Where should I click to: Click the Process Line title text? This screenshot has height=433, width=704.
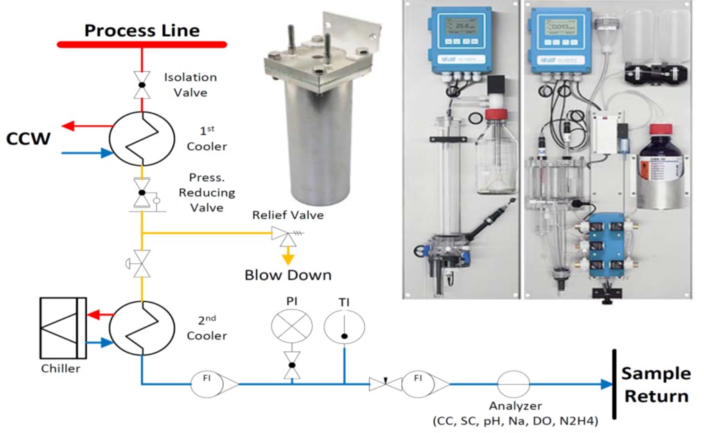141,30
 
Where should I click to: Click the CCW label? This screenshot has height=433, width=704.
28,139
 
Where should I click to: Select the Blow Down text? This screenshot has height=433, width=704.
287,274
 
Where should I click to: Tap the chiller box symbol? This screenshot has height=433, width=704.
63,328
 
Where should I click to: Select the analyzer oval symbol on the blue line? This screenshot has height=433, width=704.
513,383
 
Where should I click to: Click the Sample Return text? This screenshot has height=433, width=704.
655,385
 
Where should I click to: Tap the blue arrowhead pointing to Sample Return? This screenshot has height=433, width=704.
606,384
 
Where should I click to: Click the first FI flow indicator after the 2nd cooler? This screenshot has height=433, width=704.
208,383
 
